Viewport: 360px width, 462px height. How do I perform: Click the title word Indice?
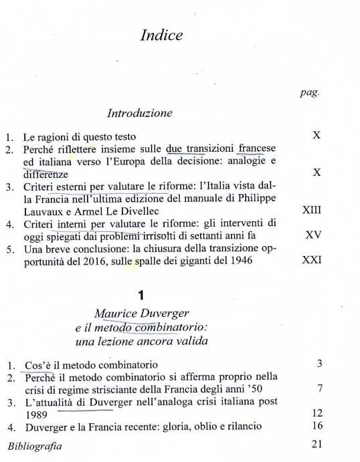161,36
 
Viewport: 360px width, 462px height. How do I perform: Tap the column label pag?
310,93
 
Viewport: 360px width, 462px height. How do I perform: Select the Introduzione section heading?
140,113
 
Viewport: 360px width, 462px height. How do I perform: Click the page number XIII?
312,210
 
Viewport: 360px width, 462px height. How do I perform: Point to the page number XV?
313,235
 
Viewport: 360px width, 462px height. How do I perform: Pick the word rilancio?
241,426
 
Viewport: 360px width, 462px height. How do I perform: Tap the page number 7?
321,388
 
